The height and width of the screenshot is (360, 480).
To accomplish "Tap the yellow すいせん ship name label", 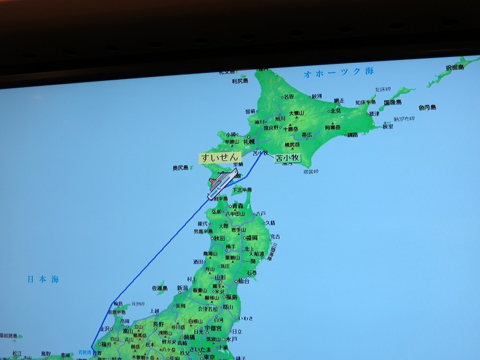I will tap(220, 158).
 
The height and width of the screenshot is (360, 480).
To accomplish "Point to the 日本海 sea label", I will tap(43, 279).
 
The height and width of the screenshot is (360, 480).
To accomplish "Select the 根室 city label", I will tap(387, 127).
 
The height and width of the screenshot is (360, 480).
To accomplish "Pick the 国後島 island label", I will tap(393, 102).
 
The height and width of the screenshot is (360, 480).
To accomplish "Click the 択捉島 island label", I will tap(453, 67).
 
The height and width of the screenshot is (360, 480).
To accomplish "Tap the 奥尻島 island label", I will tap(181, 168).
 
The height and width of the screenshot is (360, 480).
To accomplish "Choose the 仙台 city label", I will tap(243, 281).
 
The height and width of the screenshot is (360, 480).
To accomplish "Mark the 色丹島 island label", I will tap(427, 107).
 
